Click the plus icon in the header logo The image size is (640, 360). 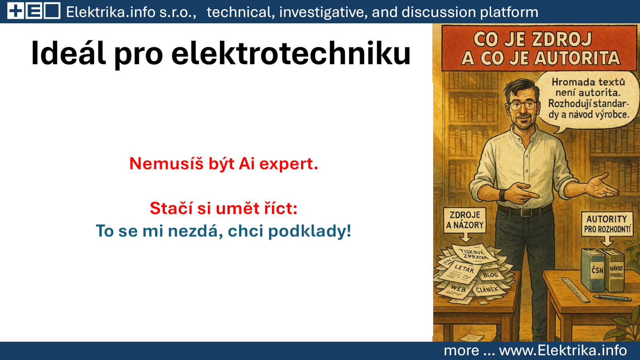coord(16,11)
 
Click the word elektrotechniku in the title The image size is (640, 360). coord(291,53)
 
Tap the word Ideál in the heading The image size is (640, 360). coord(68,53)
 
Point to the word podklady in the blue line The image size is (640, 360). coord(310,231)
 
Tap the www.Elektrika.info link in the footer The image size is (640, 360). coord(563,350)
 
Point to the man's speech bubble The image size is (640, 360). coord(588,100)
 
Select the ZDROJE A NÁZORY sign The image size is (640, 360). coord(464,220)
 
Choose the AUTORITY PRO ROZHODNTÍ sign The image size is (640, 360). coord(607,224)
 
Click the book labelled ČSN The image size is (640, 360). coord(594,270)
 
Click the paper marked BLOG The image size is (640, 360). coord(491,275)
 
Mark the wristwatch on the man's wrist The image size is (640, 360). coord(502,195)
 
